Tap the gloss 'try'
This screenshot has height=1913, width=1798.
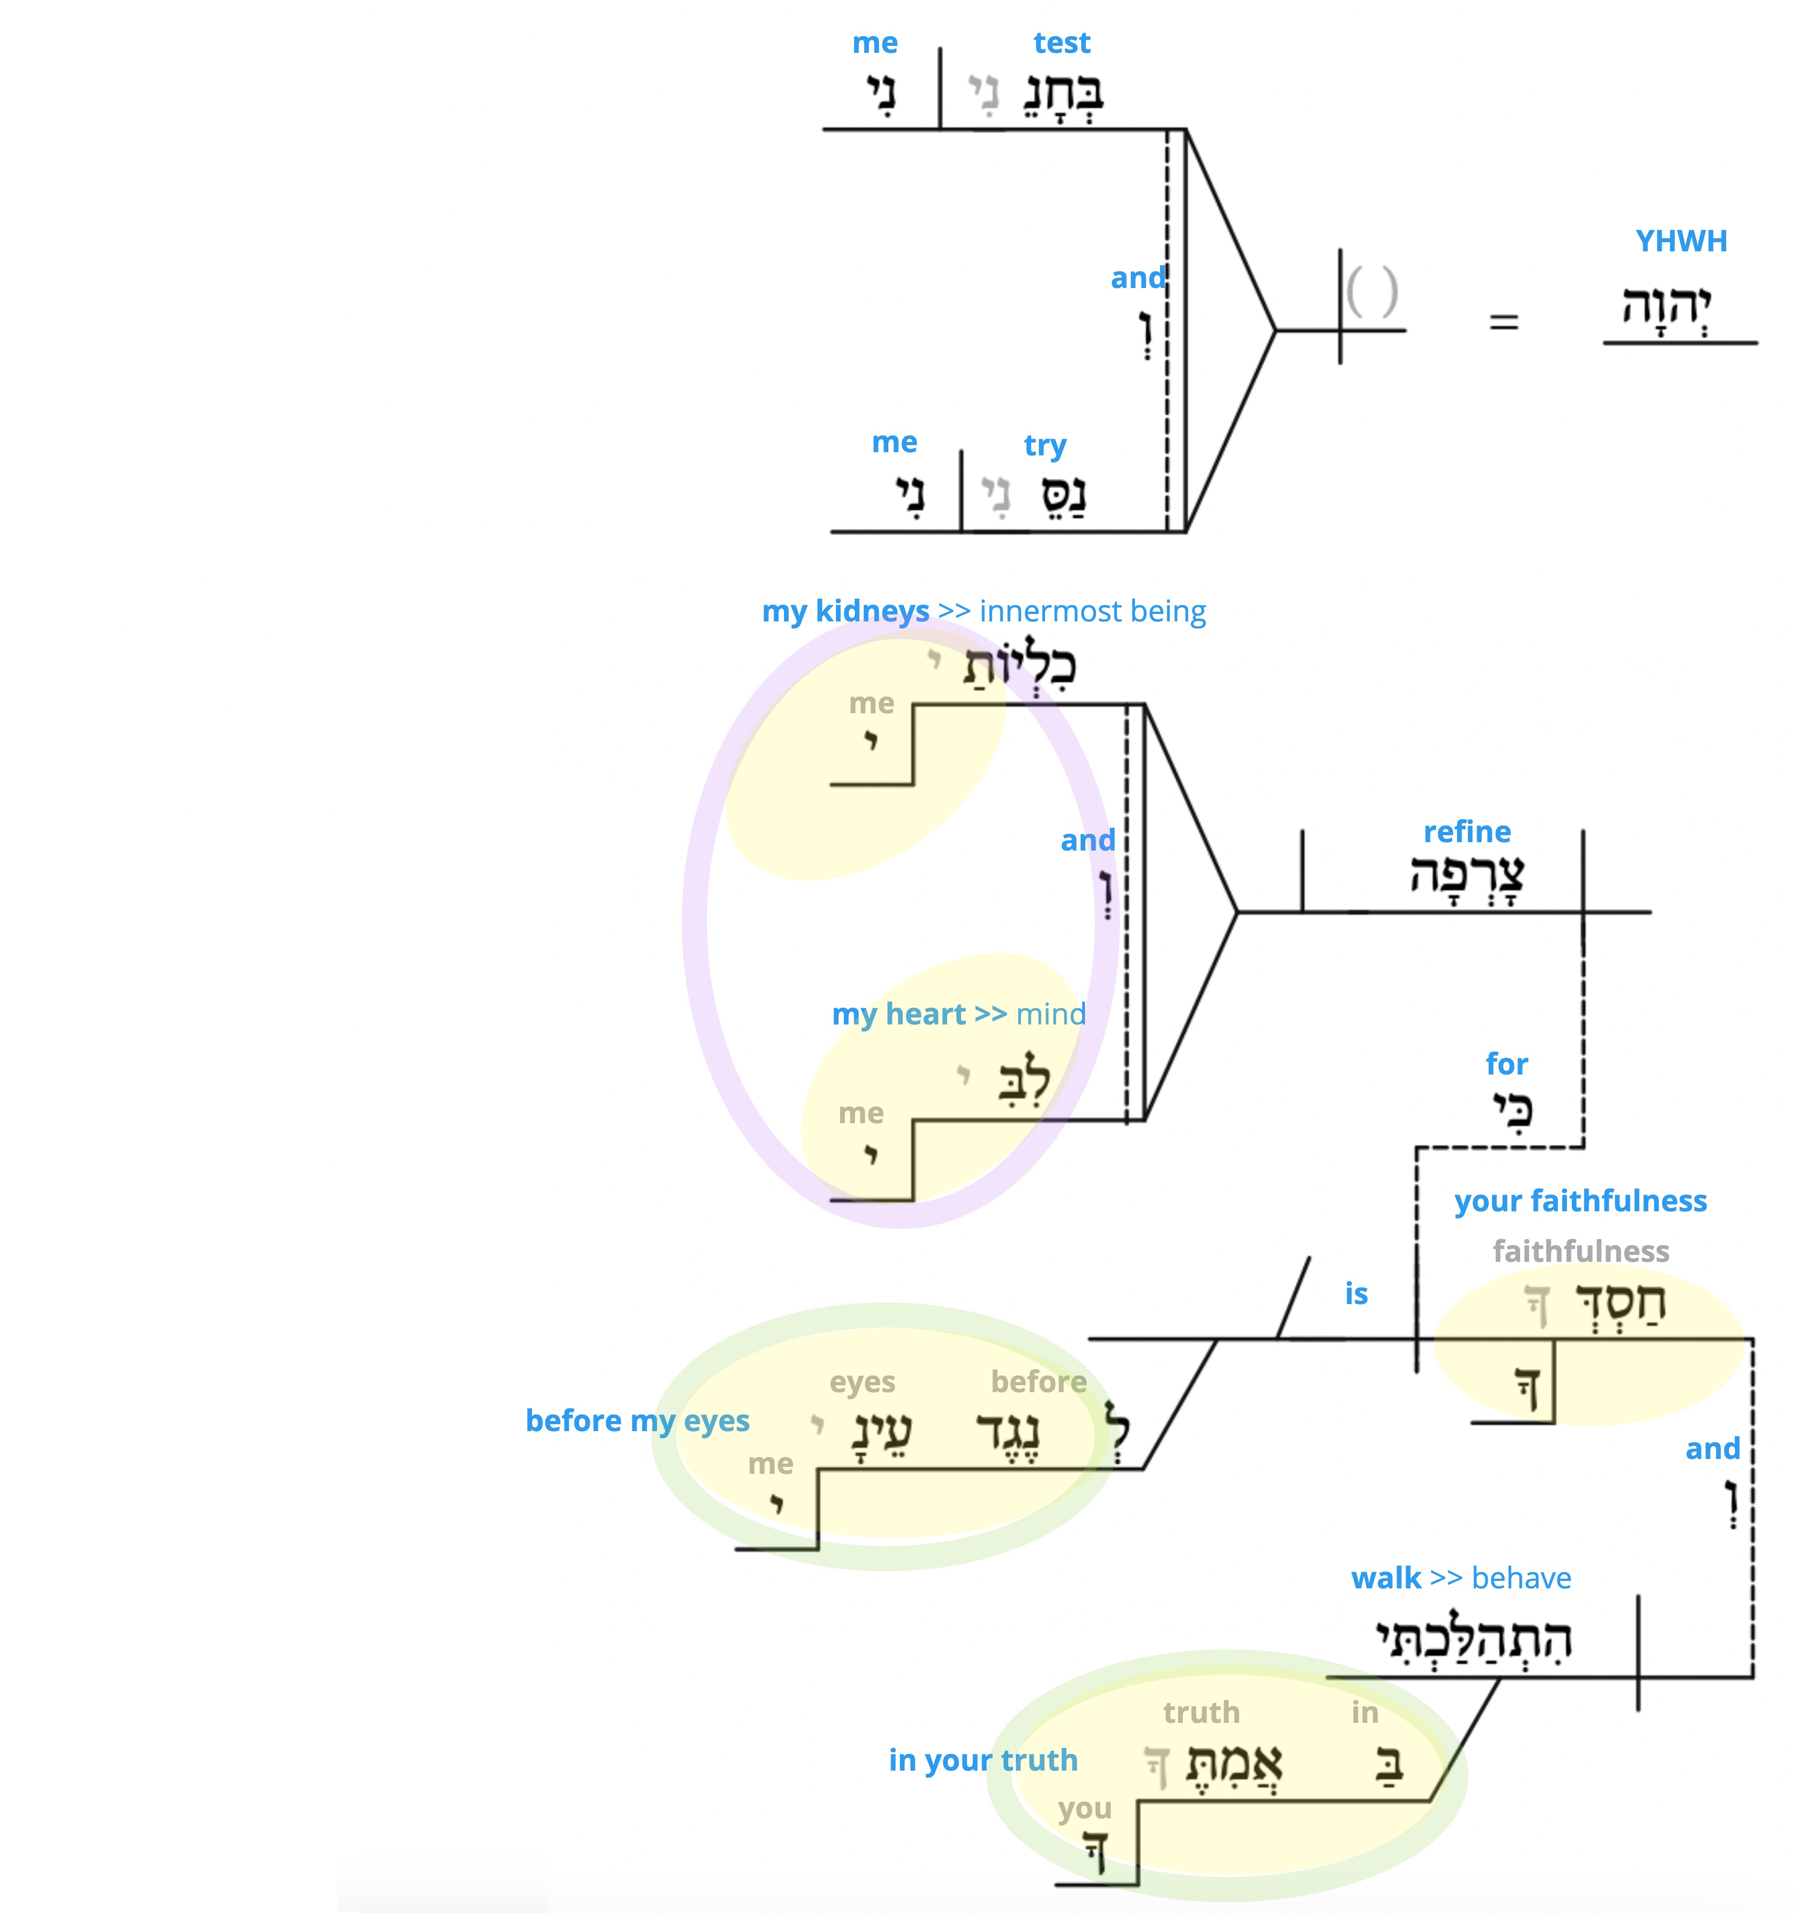point(1045,446)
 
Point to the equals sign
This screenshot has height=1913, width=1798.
point(1504,322)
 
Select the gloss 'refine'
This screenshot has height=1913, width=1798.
point(1467,832)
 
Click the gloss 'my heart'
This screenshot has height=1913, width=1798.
point(899,1014)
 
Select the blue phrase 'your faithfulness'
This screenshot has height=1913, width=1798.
point(1581,1201)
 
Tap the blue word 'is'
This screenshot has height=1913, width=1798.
point(1357,1293)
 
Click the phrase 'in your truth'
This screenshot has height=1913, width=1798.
point(983,1760)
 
